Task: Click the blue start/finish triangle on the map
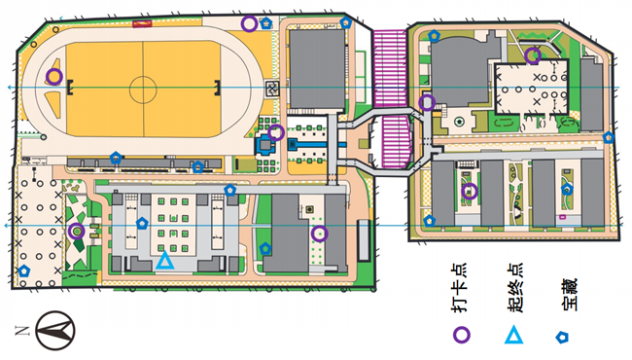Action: click(x=164, y=261)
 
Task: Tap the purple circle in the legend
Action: click(x=463, y=334)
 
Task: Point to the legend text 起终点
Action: click(x=514, y=289)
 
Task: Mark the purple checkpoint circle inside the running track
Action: click(x=54, y=76)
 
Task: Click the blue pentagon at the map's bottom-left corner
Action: click(x=24, y=270)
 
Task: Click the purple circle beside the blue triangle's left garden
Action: click(x=77, y=232)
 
